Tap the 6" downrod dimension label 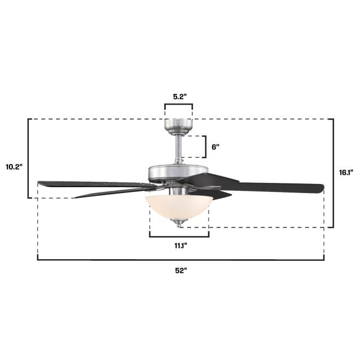215,147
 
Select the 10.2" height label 14,167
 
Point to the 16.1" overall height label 346,172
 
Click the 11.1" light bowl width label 181,246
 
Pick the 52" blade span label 181,271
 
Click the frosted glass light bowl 179,206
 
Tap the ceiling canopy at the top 178,127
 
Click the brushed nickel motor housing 178,172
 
